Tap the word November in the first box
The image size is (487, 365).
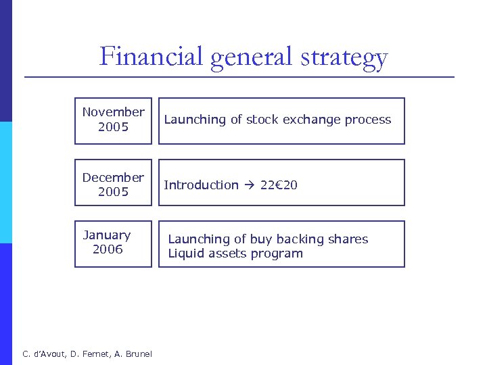[113, 112]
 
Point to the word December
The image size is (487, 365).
[113, 178]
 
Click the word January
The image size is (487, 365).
[107, 235]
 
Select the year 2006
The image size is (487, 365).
[108, 249]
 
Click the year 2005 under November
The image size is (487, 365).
[113, 127]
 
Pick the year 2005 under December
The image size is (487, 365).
[113, 192]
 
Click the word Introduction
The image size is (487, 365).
[202, 185]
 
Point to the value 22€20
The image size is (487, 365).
[279, 185]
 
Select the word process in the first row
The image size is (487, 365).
[367, 120]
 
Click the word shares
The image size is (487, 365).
[346, 239]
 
